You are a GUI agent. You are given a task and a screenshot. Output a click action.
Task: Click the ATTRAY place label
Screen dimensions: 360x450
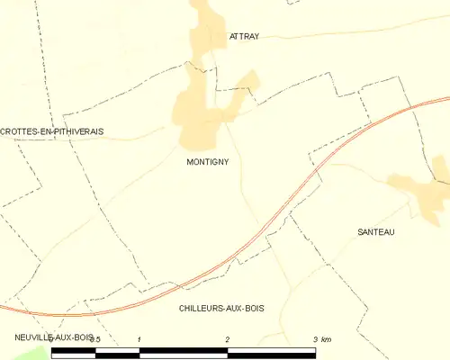click(x=244, y=37)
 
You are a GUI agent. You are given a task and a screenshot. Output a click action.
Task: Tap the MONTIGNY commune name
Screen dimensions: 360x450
click(x=207, y=162)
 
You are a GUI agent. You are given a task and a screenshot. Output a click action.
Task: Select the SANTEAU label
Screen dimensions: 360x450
click(x=375, y=231)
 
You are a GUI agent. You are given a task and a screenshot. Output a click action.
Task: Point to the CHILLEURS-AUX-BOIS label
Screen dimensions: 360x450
click(x=221, y=308)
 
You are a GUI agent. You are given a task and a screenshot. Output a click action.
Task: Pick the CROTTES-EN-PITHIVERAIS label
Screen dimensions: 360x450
click(x=52, y=131)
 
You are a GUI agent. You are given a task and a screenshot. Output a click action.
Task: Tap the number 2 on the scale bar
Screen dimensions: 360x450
click(x=228, y=339)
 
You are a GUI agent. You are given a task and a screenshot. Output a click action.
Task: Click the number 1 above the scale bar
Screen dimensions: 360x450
click(x=140, y=339)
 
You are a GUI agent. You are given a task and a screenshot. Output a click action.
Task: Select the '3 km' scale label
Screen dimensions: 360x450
click(x=321, y=339)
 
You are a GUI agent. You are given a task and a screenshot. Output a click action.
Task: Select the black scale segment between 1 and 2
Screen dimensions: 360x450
click(x=184, y=353)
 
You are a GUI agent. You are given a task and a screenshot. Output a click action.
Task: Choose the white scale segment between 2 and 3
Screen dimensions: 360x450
click(x=272, y=353)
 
